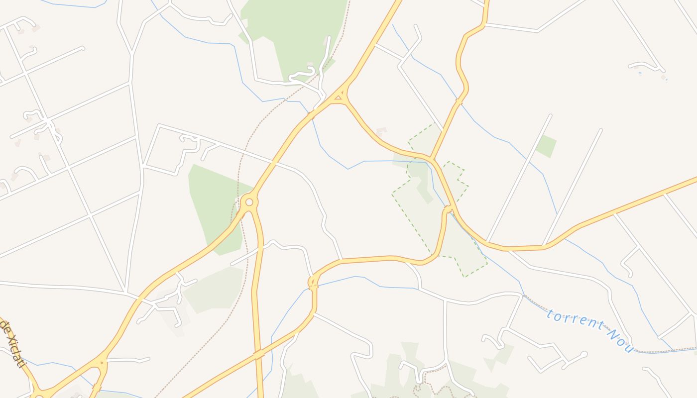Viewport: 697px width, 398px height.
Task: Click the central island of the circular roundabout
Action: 249,202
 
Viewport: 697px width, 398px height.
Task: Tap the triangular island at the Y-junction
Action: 339,97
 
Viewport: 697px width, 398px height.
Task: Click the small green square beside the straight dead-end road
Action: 546,146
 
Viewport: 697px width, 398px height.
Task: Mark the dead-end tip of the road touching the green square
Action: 550,116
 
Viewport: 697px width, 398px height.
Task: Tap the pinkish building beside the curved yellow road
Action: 381,132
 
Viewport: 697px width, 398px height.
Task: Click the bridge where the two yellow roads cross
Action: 258,354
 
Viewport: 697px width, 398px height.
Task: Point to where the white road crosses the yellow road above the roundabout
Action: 273,163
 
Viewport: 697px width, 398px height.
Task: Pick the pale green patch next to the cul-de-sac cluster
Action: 214,291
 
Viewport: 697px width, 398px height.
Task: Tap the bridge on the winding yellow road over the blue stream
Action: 459,102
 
